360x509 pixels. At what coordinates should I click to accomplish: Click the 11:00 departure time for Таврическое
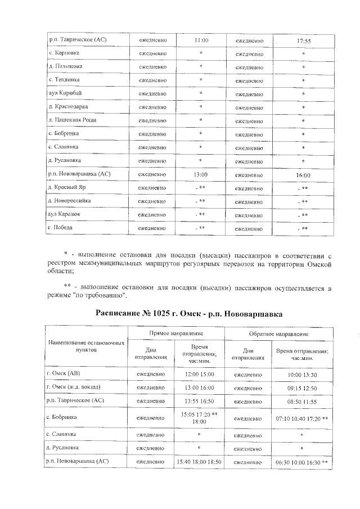point(201,40)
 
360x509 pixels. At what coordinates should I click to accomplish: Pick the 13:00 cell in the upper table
point(201,174)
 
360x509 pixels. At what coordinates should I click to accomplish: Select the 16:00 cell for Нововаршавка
point(303,175)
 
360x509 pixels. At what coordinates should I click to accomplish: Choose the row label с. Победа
point(61,228)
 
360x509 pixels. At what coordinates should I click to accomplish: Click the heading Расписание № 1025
point(188,313)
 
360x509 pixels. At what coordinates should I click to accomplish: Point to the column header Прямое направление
point(177,334)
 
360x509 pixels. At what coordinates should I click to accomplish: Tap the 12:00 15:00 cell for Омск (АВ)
point(201,374)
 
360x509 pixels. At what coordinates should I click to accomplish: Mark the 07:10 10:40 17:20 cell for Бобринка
point(301,418)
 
